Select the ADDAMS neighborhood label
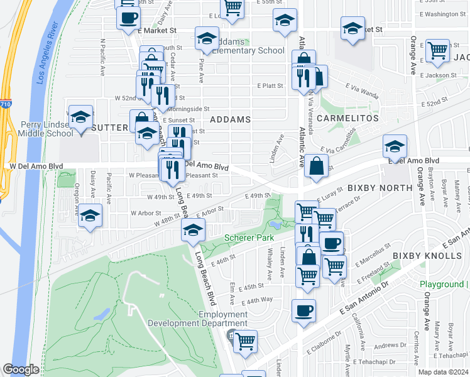coord(230,119)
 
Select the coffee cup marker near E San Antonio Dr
coord(304,310)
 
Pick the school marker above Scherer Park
coord(193,229)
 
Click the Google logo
coord(21,369)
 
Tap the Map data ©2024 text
coord(443,372)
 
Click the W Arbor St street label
coord(146,213)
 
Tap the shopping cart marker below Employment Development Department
coord(244,341)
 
